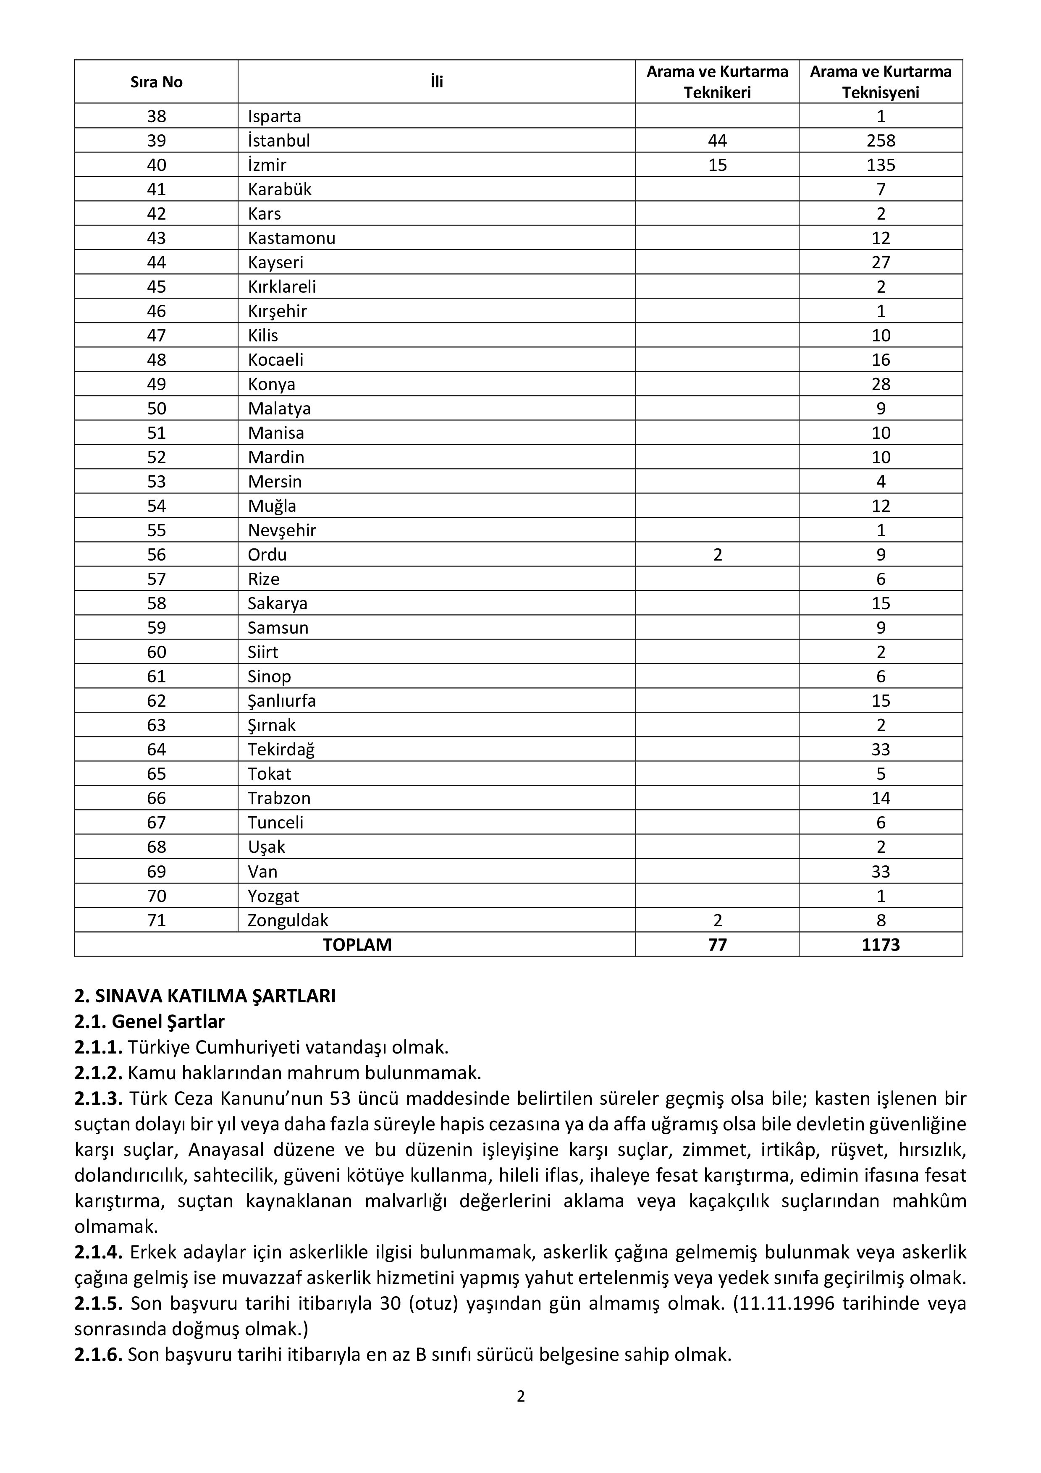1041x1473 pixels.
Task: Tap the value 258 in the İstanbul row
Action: click(x=881, y=141)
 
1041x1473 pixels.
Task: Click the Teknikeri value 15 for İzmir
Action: click(x=717, y=165)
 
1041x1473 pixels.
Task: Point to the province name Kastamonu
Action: click(x=292, y=238)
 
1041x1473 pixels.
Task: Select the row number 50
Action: click(x=157, y=409)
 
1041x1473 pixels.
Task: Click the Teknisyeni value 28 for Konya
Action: click(x=881, y=384)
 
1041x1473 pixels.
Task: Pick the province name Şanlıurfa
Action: click(x=282, y=700)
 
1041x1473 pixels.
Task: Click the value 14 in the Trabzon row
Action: click(x=881, y=798)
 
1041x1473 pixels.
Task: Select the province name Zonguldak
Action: click(x=288, y=920)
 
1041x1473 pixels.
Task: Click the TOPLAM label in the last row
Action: click(x=357, y=944)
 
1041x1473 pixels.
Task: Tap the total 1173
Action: click(x=881, y=944)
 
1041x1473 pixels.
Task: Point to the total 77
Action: click(x=717, y=944)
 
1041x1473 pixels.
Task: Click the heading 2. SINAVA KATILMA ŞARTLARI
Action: click(x=205, y=996)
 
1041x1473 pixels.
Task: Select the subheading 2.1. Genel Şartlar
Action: click(x=149, y=1021)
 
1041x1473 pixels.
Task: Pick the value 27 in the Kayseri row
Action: click(x=881, y=262)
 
